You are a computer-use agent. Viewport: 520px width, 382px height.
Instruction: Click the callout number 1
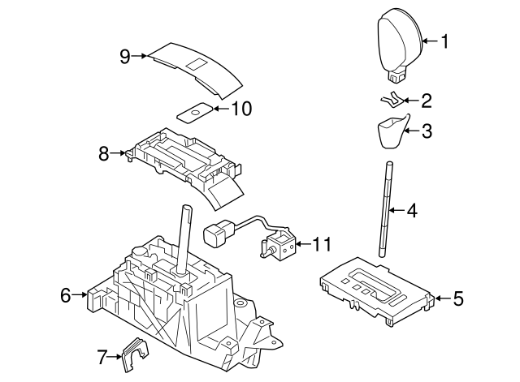(x=444, y=41)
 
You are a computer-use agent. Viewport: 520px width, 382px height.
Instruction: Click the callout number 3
(x=426, y=129)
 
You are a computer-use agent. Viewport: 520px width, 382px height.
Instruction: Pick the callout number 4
(x=412, y=212)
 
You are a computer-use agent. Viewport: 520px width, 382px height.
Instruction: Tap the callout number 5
(x=457, y=299)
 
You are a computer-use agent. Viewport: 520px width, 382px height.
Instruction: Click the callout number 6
(x=66, y=296)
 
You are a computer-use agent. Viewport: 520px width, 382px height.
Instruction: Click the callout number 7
(x=102, y=355)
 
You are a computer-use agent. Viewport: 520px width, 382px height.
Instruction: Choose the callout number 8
(x=103, y=152)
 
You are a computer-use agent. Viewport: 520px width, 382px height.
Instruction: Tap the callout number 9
(x=124, y=56)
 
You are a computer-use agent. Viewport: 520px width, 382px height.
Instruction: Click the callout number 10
(x=241, y=109)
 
